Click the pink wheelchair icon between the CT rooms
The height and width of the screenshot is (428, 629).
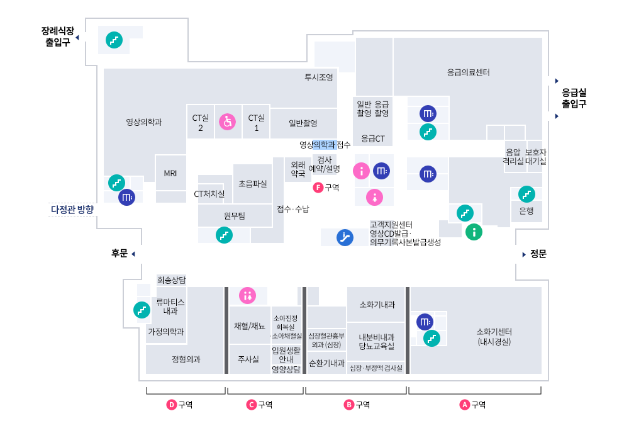pyautogui.click(x=227, y=121)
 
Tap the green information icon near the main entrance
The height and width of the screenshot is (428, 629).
pyautogui.click(x=474, y=232)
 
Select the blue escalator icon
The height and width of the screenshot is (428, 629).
pyautogui.click(x=345, y=237)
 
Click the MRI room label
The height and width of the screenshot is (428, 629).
pyautogui.click(x=170, y=173)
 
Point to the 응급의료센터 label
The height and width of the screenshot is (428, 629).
pyautogui.click(x=468, y=72)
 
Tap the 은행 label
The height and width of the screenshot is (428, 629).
pyautogui.click(x=526, y=211)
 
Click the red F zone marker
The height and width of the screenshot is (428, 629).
pyautogui.click(x=318, y=187)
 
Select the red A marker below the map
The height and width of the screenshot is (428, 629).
pyautogui.click(x=465, y=405)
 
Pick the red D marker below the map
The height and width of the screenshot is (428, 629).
pyautogui.click(x=172, y=405)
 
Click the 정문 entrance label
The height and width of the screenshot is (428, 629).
pyautogui.click(x=538, y=254)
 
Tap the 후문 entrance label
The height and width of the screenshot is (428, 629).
pyautogui.click(x=120, y=253)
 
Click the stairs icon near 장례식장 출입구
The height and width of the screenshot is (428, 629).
pyautogui.click(x=114, y=40)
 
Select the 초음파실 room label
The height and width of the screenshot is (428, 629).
pyautogui.click(x=252, y=184)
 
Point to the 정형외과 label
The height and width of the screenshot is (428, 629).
pyautogui.click(x=186, y=360)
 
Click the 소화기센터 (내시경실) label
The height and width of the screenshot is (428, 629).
pyautogui.click(x=494, y=337)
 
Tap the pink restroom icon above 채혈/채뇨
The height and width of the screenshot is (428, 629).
pyautogui.click(x=247, y=295)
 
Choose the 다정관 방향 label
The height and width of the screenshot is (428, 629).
pyautogui.click(x=72, y=209)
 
